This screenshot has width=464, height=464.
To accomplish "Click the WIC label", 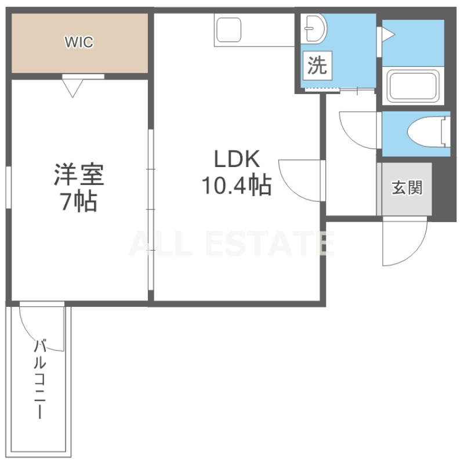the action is click(79, 42).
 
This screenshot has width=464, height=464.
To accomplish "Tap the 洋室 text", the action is click(79, 175).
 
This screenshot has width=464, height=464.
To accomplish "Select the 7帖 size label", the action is click(79, 201).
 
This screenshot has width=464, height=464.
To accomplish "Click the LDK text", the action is click(237, 159).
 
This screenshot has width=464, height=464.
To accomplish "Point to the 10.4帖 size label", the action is click(237, 185).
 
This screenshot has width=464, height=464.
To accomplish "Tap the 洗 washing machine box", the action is click(317, 66).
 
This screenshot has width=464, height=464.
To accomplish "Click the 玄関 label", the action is click(407, 187).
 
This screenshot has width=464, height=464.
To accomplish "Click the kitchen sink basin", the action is click(229, 30).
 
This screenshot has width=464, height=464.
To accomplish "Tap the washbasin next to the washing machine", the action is click(314, 28).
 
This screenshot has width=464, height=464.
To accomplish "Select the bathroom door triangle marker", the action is click(388, 35).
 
